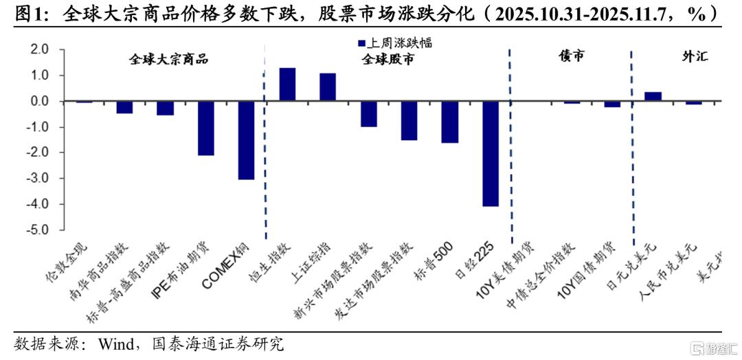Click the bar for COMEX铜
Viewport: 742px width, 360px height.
coord(247,140)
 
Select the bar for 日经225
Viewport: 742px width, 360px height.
coord(491,153)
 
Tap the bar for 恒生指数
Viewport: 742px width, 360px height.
coord(287,85)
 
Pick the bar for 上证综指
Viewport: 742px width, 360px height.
coord(328,87)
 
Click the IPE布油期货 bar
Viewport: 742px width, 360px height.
coord(206,128)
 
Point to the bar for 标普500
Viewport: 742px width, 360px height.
coord(450,122)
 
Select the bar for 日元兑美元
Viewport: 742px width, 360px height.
coord(653,96)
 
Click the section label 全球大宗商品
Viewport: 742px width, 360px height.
coord(168,60)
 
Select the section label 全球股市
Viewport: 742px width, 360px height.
coord(389,60)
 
